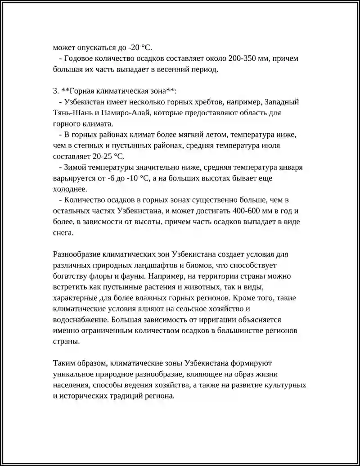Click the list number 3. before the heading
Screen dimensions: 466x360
(x=56, y=91)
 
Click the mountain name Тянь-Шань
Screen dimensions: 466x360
(x=72, y=113)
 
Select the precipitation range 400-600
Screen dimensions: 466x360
(x=250, y=211)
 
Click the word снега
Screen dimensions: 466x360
(x=63, y=232)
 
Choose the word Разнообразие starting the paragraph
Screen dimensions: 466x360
(x=77, y=254)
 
